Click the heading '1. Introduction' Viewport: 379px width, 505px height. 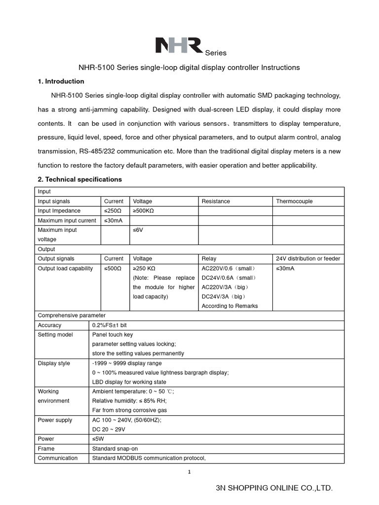(x=61, y=81)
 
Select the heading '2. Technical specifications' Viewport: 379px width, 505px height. (x=80, y=180)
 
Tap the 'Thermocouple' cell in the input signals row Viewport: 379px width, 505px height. (x=294, y=201)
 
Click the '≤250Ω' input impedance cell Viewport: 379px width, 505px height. (x=113, y=211)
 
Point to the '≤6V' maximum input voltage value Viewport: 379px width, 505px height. (x=138, y=230)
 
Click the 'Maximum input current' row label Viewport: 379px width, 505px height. (x=67, y=220)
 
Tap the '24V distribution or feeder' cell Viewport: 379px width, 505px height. (x=308, y=258)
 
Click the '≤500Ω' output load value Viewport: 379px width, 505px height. (x=113, y=268)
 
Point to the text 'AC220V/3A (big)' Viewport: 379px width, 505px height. (x=226, y=287)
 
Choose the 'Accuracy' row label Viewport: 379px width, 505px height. (x=49, y=325)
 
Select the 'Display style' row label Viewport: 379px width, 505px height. (x=54, y=363)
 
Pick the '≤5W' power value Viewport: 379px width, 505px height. (x=98, y=439)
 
